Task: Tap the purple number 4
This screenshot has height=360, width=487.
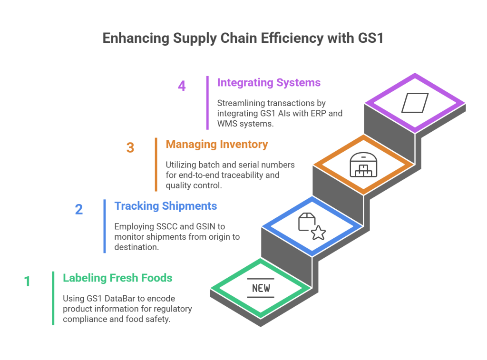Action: tap(182, 86)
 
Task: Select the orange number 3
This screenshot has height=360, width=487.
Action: tap(130, 147)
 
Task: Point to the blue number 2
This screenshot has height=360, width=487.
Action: tap(79, 209)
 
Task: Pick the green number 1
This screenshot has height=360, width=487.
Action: tap(27, 281)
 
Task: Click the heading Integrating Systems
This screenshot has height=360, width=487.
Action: tap(269, 83)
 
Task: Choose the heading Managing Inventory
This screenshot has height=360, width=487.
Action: tap(217, 144)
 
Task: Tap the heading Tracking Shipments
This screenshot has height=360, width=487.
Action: tap(166, 206)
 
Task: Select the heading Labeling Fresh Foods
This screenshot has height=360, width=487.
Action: tap(118, 278)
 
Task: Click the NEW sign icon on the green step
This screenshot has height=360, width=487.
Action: tap(261, 288)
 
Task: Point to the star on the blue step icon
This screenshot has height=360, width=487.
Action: tap(318, 233)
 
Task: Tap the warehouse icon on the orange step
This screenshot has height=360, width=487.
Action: tap(363, 165)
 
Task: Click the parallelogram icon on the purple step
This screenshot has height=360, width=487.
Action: tap(415, 103)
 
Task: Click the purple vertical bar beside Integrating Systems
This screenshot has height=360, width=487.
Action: tap(208, 102)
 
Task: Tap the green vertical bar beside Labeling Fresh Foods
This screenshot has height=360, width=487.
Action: tap(53, 298)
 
